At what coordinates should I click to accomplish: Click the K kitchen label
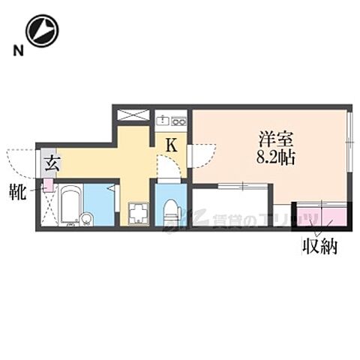coord(171,145)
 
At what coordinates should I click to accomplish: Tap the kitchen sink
coord(163,120)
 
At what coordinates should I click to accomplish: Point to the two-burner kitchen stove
coord(180,120)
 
